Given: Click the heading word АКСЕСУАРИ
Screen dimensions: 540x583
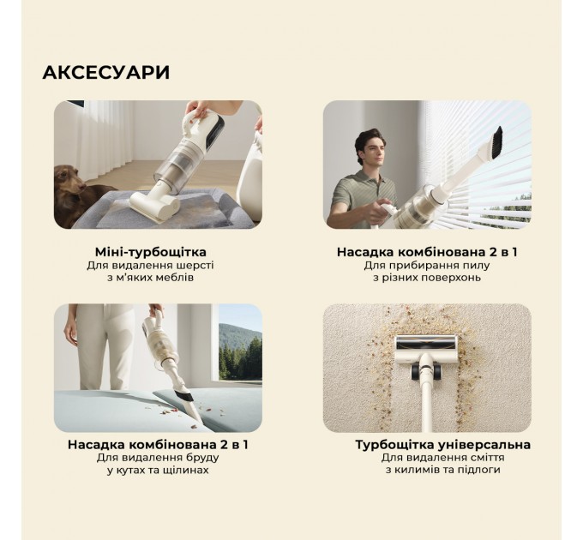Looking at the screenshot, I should (x=105, y=73).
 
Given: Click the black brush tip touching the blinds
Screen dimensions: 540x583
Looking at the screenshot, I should (x=495, y=137).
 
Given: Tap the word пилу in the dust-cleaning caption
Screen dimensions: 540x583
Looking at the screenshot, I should (x=477, y=266).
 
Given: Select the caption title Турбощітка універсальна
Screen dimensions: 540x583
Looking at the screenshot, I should (x=442, y=444).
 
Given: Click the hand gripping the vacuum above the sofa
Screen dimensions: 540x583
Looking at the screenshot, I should (x=203, y=112).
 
